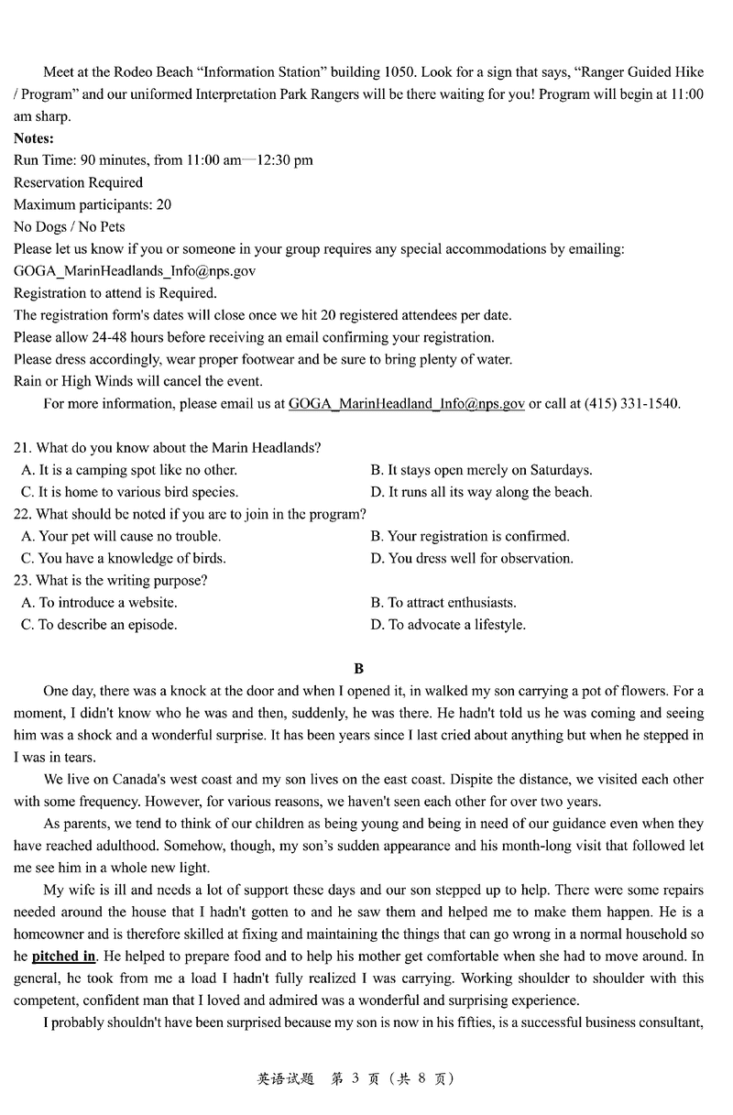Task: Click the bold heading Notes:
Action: click(34, 138)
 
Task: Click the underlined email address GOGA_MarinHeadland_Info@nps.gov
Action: click(406, 403)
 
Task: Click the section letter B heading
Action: click(359, 669)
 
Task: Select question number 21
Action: click(23, 448)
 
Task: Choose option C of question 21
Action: click(129, 492)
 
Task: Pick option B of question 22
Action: click(470, 536)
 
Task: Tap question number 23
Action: click(23, 580)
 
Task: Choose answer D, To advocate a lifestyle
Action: click(448, 625)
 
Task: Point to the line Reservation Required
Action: click(79, 182)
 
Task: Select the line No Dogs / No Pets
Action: click(70, 226)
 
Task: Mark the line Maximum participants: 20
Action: click(93, 204)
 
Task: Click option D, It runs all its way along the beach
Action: click(481, 492)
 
